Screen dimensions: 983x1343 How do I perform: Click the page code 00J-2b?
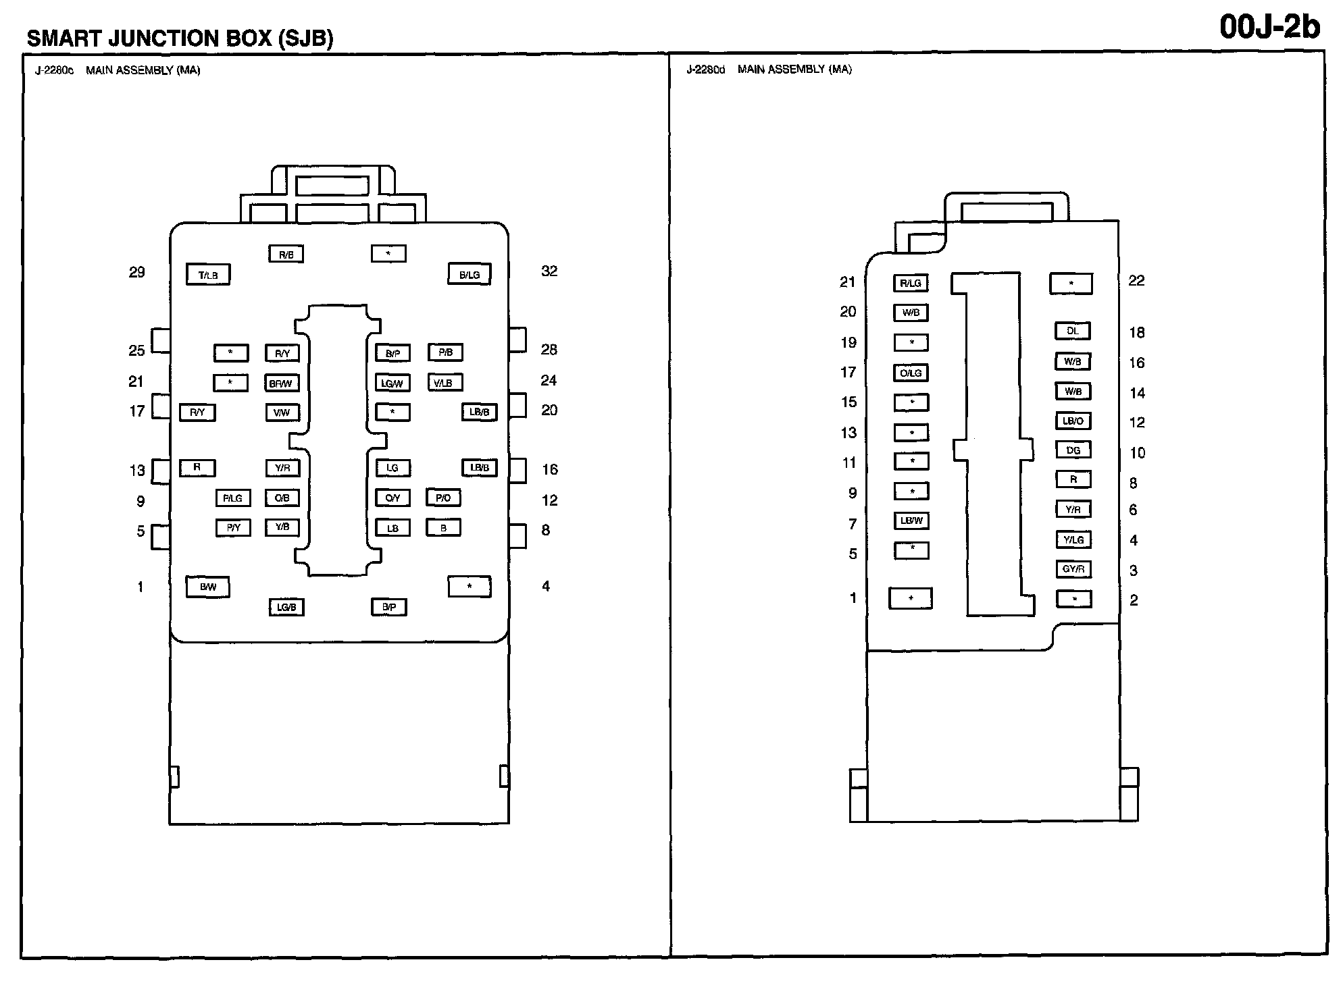[1269, 28]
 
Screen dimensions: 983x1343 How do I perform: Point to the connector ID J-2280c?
[55, 70]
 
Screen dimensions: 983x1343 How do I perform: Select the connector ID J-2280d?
[705, 70]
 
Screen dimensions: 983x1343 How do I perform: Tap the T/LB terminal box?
[208, 275]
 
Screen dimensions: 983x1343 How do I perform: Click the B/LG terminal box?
[470, 274]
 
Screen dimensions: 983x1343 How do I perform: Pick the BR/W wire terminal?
[281, 383]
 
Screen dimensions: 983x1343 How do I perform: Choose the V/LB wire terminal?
[444, 383]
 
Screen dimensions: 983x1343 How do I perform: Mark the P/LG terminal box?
[233, 498]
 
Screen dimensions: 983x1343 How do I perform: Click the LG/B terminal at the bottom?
[286, 607]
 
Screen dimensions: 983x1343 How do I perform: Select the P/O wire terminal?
[443, 498]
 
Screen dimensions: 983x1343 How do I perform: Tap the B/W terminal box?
[208, 587]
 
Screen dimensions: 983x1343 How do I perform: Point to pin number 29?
[136, 272]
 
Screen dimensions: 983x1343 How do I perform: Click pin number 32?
[549, 271]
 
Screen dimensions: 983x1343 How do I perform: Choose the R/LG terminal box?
[911, 283]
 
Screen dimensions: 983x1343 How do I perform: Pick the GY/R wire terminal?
[1073, 569]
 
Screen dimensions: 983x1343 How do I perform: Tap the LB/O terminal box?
[1073, 421]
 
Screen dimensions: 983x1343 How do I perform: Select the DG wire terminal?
[1073, 450]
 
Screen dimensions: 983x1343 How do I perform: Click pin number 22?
[1136, 280]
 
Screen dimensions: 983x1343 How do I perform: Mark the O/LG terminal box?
[911, 373]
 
